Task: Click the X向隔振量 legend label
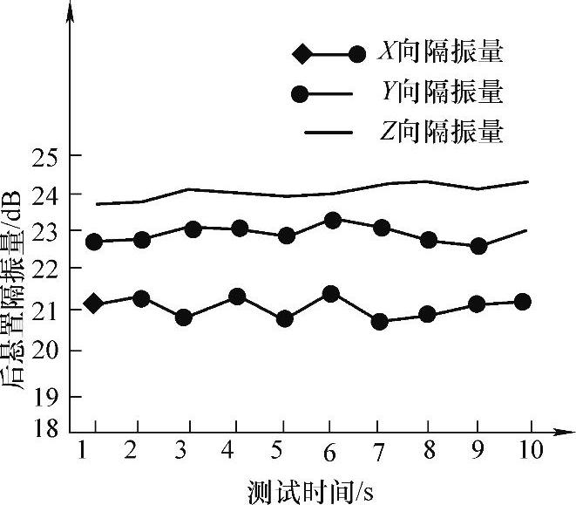tap(440, 53)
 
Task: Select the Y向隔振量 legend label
tap(440, 92)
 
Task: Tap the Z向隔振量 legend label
tap(440, 132)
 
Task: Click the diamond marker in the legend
tap(302, 54)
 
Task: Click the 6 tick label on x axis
tap(330, 452)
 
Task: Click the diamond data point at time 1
tap(93, 304)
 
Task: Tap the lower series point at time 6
tap(330, 294)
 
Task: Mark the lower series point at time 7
tap(379, 322)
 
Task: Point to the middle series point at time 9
tap(478, 246)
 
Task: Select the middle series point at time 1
tap(94, 242)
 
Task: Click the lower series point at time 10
tap(523, 302)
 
